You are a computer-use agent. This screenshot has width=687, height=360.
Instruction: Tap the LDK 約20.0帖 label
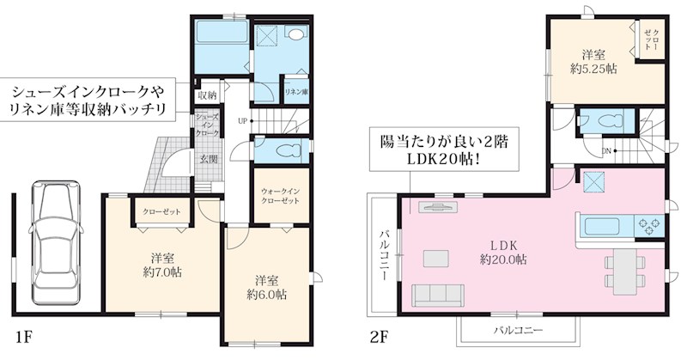pos(503,251)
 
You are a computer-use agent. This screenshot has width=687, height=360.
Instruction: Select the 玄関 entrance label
pos(208,160)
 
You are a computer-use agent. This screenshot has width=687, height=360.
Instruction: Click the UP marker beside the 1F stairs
pos(243,121)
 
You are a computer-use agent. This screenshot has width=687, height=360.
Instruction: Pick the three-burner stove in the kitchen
pos(648,227)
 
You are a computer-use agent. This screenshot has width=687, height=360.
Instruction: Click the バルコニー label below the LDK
pos(516,330)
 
